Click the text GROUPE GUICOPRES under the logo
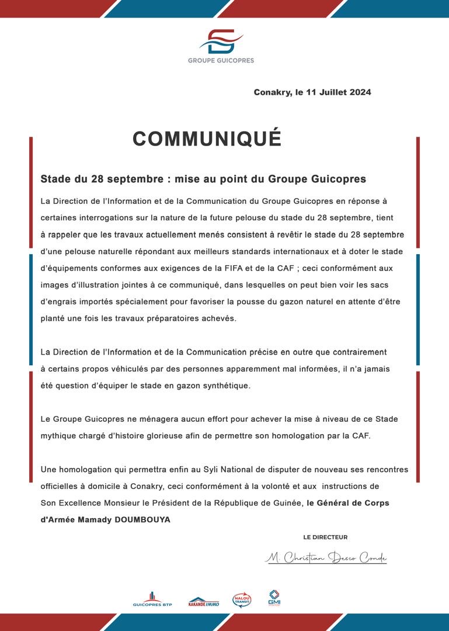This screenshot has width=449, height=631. point(221,60)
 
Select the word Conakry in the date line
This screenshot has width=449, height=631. point(272,92)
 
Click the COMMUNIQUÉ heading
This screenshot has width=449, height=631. point(207,139)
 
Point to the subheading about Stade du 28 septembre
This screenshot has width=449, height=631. point(203,178)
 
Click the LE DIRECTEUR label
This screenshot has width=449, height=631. point(325,537)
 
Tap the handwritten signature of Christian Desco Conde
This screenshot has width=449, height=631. point(326,558)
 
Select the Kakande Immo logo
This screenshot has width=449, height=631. point(204,601)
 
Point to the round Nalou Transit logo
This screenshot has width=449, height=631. point(241,600)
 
